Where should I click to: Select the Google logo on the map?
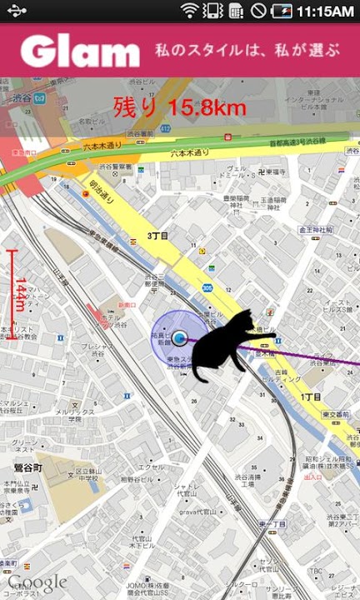tap(37, 582)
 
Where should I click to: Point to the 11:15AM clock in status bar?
tap(324, 11)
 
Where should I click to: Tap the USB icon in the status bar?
tap(16, 11)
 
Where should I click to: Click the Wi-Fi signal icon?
tap(191, 11)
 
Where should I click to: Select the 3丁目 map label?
tap(157, 237)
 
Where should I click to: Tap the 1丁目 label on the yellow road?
tap(311, 397)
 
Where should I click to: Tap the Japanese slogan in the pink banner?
tap(247, 51)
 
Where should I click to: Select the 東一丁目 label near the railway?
tap(271, 524)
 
